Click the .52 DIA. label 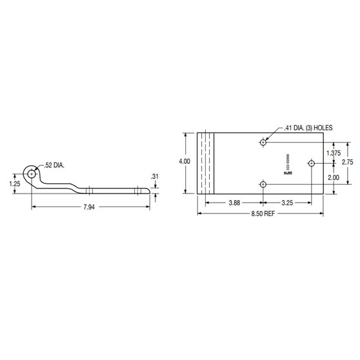click(54, 165)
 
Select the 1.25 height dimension click(16, 183)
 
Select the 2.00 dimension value click(333, 177)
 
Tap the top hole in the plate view click(263, 142)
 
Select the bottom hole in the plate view click(263, 185)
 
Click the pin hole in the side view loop click(32, 173)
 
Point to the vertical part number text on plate click(288, 163)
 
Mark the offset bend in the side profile click(74, 187)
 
